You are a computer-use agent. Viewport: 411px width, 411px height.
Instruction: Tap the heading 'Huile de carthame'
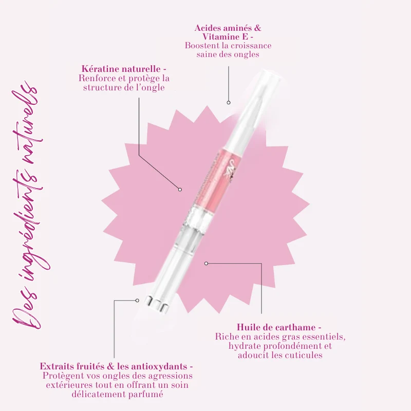276,327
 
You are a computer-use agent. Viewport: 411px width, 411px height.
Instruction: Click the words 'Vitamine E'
225,36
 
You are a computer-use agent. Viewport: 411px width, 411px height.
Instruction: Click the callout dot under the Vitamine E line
229,103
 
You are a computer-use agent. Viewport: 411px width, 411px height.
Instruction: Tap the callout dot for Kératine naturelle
180,190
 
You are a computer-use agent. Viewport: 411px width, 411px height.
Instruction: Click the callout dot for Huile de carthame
207,263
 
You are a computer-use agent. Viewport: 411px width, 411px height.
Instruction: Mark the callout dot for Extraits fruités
137,301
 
